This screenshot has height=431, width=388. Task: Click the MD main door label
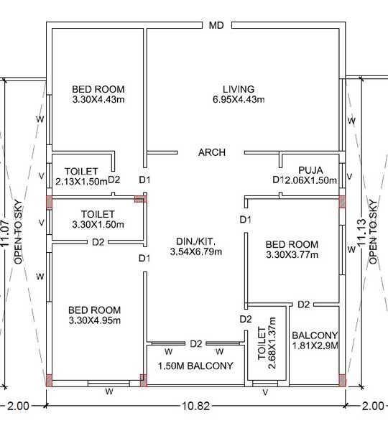[217, 26]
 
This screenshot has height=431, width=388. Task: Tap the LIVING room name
[238, 89]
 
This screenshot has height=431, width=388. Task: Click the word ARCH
[212, 152]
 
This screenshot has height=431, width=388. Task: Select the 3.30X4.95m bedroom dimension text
[95, 320]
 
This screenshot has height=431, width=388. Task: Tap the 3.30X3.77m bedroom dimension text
[292, 254]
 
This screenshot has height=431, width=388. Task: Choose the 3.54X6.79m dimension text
[195, 251]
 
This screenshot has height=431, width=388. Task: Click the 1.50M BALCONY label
[195, 366]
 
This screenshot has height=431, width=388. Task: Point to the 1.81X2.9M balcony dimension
[315, 346]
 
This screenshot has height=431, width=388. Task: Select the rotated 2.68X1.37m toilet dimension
[272, 347]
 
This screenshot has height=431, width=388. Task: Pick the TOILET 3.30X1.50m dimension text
[98, 224]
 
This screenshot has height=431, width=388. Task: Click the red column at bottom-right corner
[342, 380]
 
